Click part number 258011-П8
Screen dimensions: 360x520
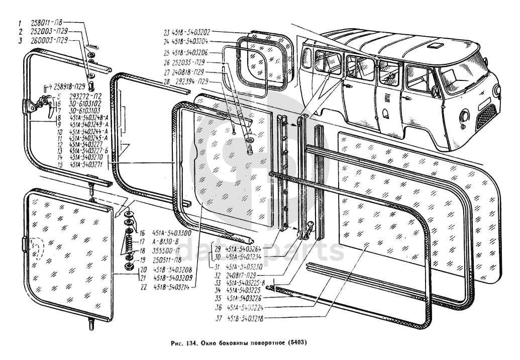click(47, 23)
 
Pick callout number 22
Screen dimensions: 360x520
click(143, 287)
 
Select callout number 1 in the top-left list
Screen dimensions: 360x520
click(20, 23)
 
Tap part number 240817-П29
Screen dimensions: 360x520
click(244, 275)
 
